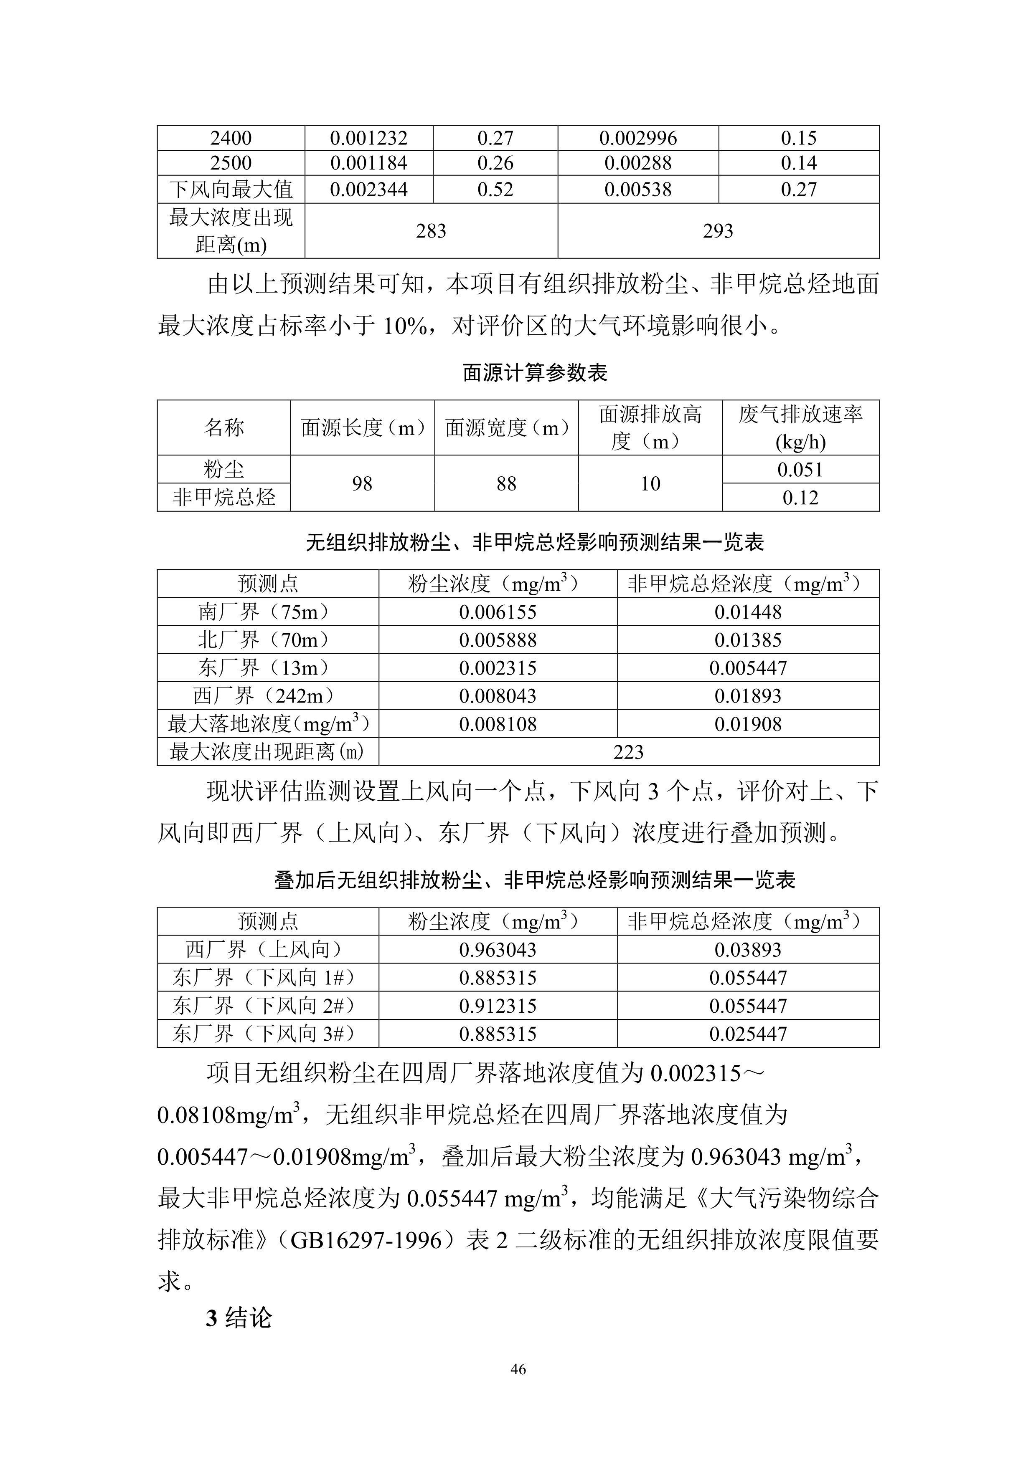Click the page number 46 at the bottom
(518, 1369)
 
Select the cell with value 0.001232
(369, 138)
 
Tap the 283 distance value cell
(431, 231)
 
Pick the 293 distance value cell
(719, 231)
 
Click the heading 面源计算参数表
(535, 372)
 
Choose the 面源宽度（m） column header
(507, 428)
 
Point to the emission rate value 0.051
(801, 470)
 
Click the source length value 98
(362, 483)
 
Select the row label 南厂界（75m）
(268, 612)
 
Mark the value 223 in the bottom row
(628, 752)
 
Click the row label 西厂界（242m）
(268, 695)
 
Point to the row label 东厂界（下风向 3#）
(268, 1034)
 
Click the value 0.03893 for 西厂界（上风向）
(748, 949)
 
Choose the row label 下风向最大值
(231, 190)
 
